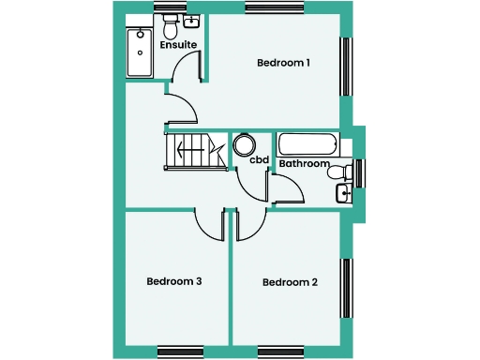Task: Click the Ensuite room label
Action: coord(177,44)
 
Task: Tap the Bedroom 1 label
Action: coord(284,63)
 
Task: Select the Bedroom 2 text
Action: coord(290,282)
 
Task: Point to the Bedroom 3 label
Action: coord(174,280)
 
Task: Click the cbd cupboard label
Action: coord(260,160)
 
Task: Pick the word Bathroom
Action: coord(305,163)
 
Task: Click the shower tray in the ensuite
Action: coord(140,52)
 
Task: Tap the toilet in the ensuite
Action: coord(171,22)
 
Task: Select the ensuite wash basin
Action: coord(193,21)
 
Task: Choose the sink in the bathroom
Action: coord(343,194)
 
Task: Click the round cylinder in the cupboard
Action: coord(246,144)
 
